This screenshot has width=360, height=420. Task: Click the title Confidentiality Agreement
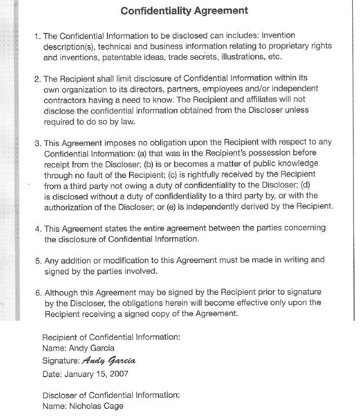pos(184,10)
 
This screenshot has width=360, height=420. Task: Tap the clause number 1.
pos(37,36)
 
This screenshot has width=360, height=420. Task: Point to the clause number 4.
pos(38,228)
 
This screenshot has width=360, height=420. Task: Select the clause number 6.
pos(38,292)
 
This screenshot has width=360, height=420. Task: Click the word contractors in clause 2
pos(64,100)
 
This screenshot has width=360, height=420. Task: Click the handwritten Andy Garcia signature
pos(109,361)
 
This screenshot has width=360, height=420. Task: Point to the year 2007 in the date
pos(119,374)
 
